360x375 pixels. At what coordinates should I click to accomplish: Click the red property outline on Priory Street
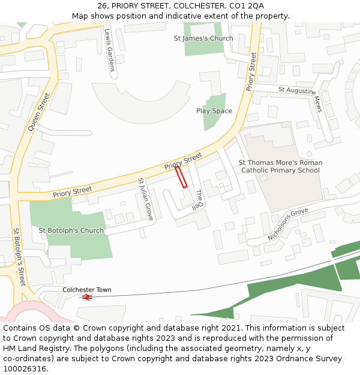pos(181,177)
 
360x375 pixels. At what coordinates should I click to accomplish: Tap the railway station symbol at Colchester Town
pos(87,297)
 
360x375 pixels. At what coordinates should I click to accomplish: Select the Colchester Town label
pos(87,290)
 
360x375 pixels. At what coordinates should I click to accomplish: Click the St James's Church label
pos(203,38)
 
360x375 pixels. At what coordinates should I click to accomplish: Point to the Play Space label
pos(214,111)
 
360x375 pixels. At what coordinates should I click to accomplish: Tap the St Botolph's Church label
pos(71,230)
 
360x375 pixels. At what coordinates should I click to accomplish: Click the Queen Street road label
pos(40,112)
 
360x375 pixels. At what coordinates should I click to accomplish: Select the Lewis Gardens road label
pos(110,50)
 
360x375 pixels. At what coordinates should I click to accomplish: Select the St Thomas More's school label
pos(280,166)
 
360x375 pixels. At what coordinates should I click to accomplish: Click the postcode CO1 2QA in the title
pos(247,6)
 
